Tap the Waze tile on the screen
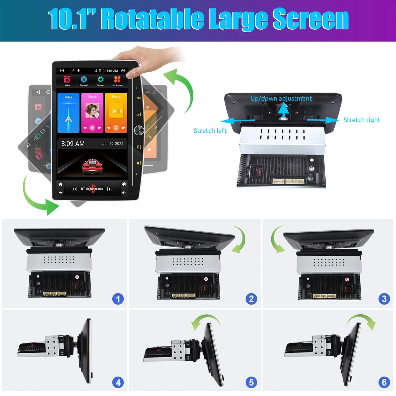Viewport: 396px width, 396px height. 69,113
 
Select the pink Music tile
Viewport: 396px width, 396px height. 92,113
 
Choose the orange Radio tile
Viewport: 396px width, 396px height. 116,113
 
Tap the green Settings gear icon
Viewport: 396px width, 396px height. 101,80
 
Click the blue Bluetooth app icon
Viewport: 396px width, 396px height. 84,80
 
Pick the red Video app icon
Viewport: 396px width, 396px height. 67,80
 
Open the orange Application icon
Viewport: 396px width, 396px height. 117,79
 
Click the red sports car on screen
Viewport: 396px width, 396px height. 92,166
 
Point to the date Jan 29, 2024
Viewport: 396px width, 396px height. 113,144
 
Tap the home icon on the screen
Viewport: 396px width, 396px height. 61,184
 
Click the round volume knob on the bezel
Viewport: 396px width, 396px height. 139,130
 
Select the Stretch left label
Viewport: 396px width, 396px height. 210,131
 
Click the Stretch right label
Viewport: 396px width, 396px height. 362,120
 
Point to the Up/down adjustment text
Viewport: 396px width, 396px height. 281,98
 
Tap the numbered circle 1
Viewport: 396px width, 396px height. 118,299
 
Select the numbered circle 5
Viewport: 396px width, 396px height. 251,382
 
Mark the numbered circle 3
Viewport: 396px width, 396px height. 384,299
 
